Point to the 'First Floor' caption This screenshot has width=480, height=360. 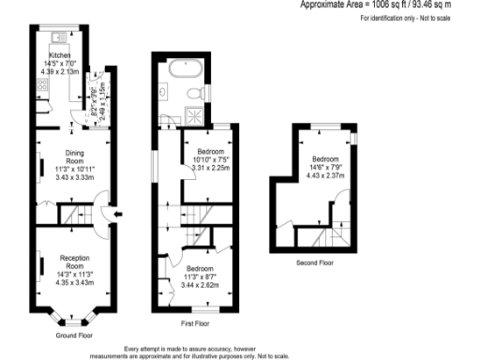(194, 323)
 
